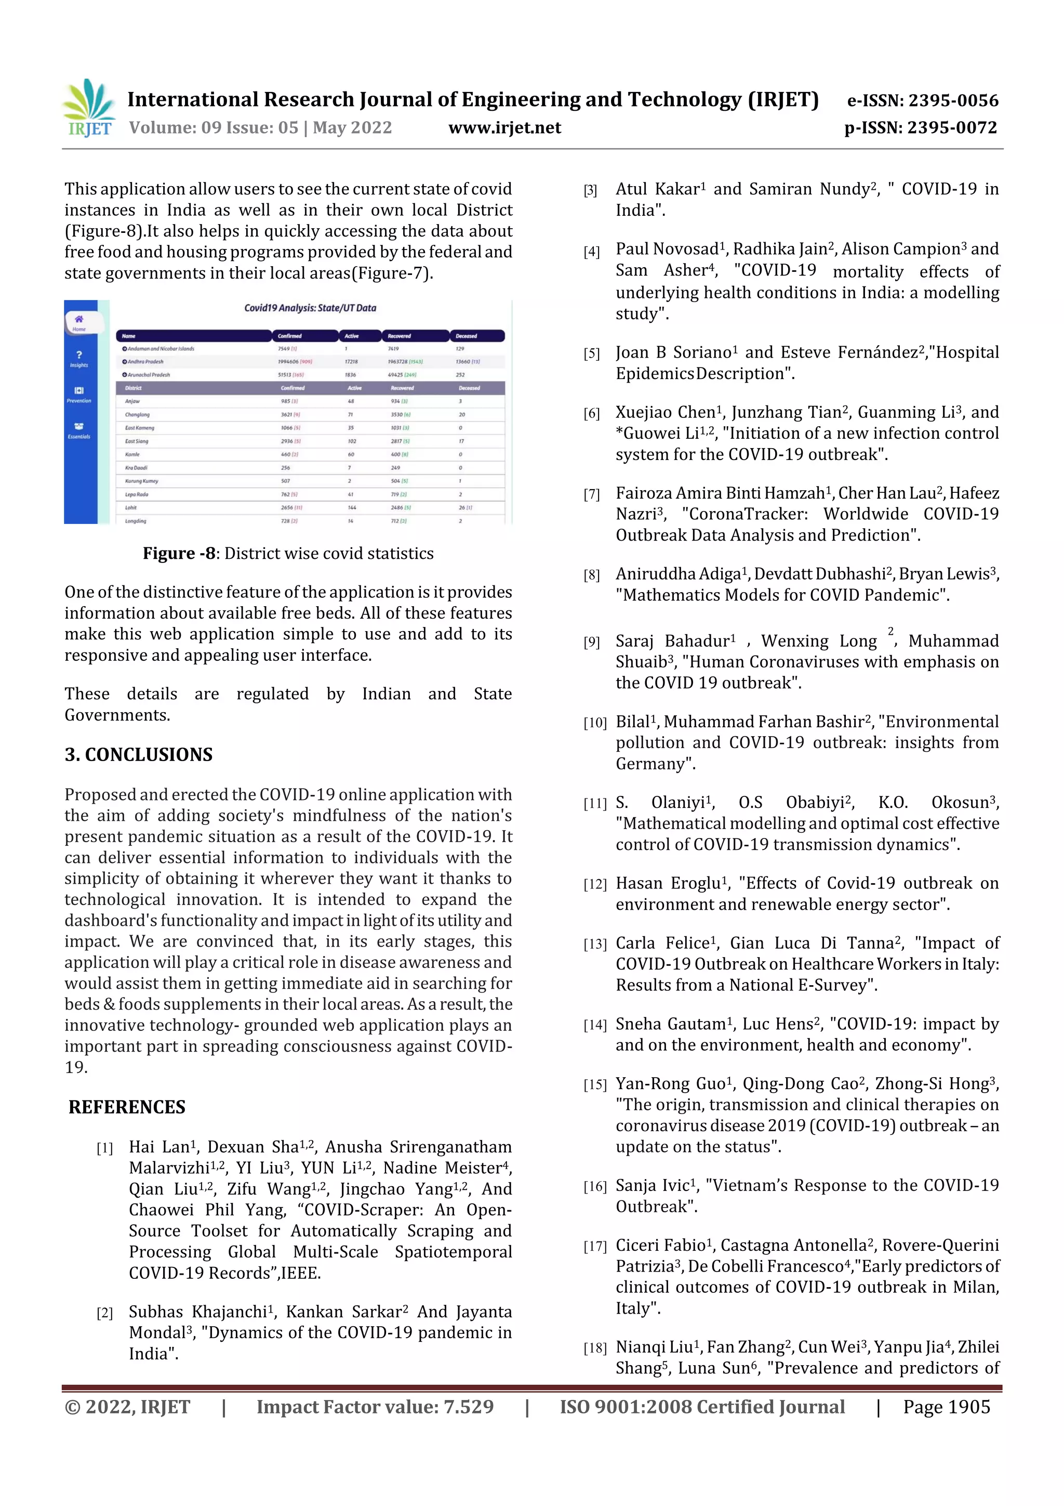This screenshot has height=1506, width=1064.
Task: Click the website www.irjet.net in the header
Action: coord(504,128)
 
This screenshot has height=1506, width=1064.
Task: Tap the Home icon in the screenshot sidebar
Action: coord(78,321)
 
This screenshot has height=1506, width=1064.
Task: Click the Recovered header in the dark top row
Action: coord(398,336)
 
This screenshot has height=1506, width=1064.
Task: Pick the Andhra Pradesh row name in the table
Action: coord(145,361)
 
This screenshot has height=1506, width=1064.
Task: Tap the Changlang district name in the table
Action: coord(137,414)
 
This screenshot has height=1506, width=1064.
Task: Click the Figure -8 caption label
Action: coord(179,553)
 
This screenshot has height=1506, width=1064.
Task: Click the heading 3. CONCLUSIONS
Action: coord(138,754)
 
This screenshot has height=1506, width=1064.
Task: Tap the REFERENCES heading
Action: coord(127,1107)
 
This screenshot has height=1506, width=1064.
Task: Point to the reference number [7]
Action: coord(591,494)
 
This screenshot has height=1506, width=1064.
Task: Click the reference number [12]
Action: coord(595,884)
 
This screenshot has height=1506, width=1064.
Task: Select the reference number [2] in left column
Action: coord(104,1313)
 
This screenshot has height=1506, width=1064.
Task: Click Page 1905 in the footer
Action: coord(946,1406)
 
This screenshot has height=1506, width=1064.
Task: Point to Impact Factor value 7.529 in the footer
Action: coord(375,1406)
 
